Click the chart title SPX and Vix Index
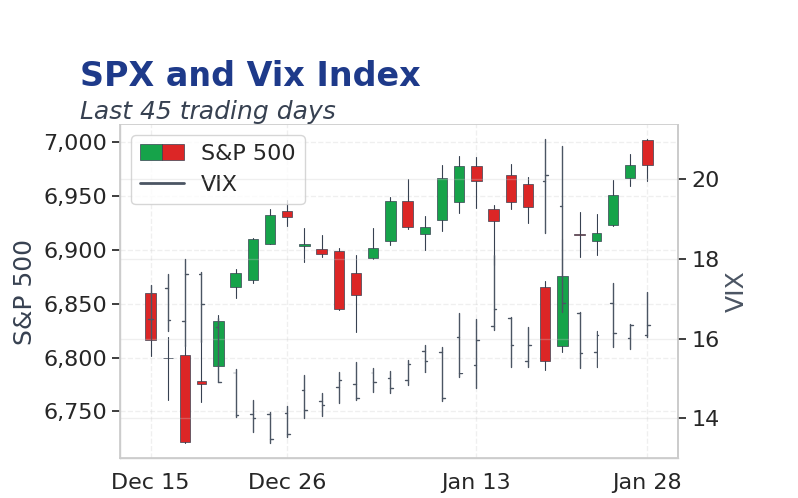[250, 74]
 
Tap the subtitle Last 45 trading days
[207, 110]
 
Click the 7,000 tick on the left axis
[76, 142]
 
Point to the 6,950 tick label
[76, 196]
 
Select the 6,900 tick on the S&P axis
[76, 251]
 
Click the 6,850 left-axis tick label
[76, 305]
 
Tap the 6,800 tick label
[76, 359]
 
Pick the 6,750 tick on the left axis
[76, 412]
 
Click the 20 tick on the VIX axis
[705, 179]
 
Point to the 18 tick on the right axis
[705, 260]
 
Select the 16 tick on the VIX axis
[705, 339]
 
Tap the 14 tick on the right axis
[705, 419]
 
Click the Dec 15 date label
[150, 482]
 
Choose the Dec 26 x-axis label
[287, 482]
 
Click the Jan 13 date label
[476, 482]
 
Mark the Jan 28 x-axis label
[647, 482]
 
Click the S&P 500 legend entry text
[248, 153]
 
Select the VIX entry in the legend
[219, 183]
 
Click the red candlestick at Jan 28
[647, 153]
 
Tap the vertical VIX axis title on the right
[734, 292]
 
